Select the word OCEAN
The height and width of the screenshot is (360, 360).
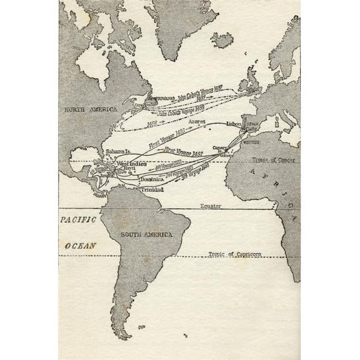[x=81, y=246]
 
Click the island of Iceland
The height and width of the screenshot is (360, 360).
[x=222, y=40]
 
